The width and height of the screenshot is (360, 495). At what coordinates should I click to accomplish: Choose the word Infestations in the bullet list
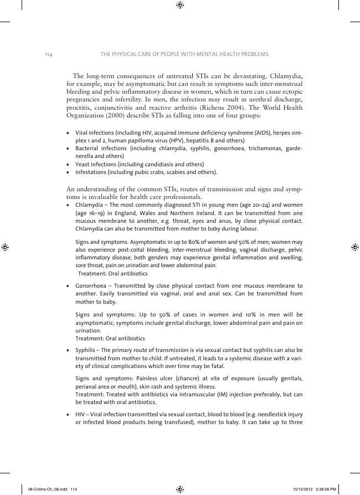coord(91,172)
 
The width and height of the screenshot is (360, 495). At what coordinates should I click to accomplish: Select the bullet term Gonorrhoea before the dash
coord(91,286)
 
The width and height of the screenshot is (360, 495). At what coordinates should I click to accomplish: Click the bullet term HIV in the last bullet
coord(80,415)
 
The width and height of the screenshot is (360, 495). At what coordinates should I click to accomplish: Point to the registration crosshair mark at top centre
coord(180,6)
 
